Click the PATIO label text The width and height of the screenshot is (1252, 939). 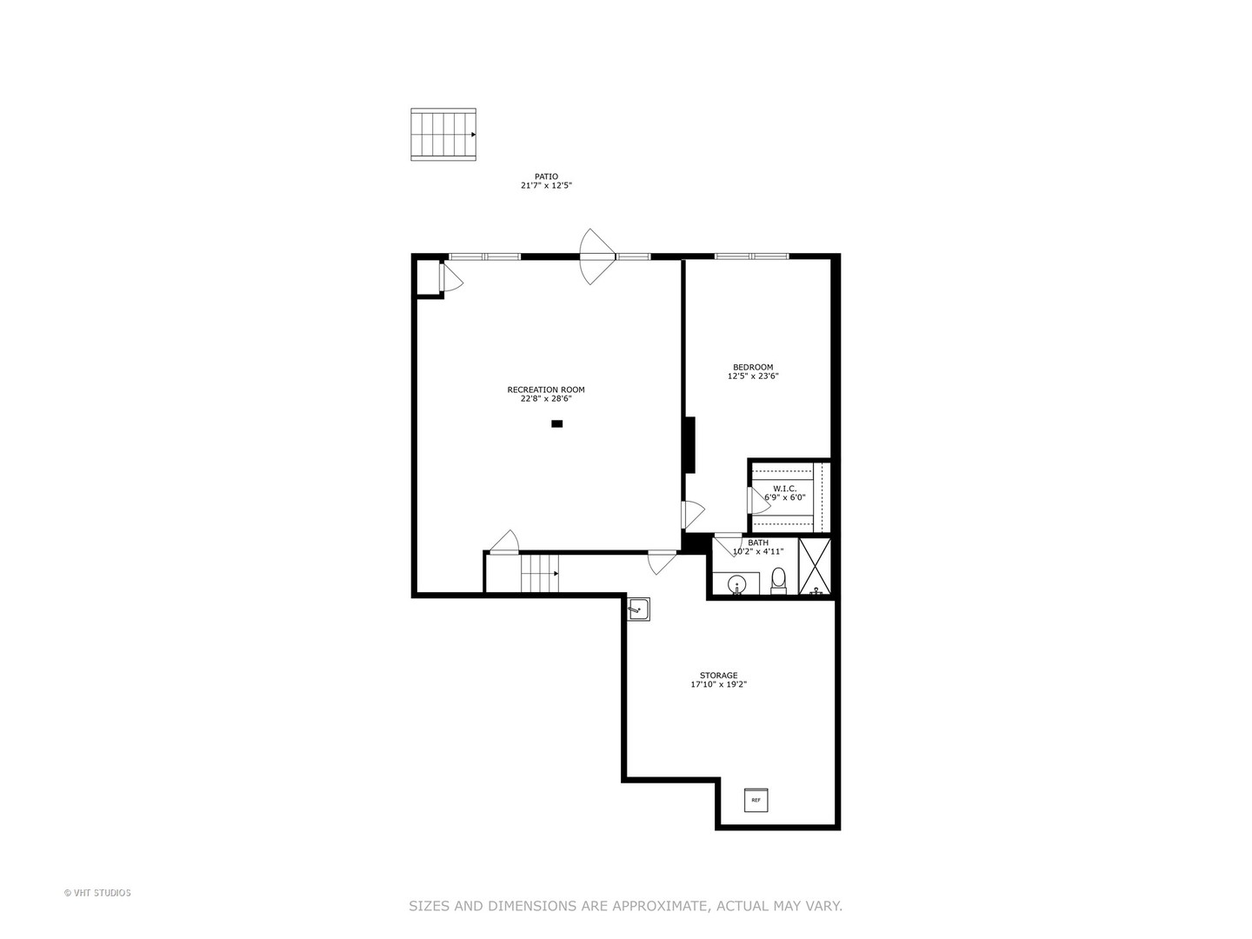[546, 176]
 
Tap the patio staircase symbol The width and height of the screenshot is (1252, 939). [443, 135]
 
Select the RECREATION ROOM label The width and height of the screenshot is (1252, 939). [546, 390]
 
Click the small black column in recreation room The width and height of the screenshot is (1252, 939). [557, 423]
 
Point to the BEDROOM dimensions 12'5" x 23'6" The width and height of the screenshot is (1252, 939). [753, 376]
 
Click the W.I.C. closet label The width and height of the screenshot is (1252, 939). [784, 489]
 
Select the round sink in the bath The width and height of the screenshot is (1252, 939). [736, 583]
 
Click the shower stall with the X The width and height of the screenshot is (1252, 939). [815, 567]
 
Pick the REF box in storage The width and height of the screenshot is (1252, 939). [756, 800]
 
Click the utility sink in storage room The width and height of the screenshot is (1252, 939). [638, 609]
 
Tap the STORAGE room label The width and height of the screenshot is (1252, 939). [718, 676]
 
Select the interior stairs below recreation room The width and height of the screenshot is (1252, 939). [539, 574]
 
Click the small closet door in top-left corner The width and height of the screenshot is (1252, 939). [450, 277]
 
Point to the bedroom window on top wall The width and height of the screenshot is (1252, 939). [752, 256]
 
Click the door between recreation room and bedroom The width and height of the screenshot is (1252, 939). [693, 515]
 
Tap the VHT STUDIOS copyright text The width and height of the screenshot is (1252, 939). [97, 893]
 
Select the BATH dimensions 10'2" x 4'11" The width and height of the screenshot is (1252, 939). [758, 551]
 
